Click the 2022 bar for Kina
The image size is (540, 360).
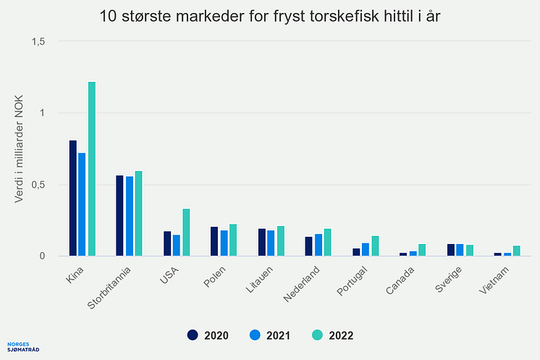92,169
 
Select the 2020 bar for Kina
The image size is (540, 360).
73,198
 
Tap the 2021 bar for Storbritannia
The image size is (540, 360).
130,216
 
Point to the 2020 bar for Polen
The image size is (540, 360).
214,241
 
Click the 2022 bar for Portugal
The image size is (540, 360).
375,246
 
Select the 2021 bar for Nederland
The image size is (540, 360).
318,245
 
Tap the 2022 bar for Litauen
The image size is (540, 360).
281,240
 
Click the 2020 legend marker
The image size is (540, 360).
193,335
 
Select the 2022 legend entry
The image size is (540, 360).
333,335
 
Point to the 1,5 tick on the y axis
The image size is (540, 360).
37,41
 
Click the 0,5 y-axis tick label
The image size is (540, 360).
37,185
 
